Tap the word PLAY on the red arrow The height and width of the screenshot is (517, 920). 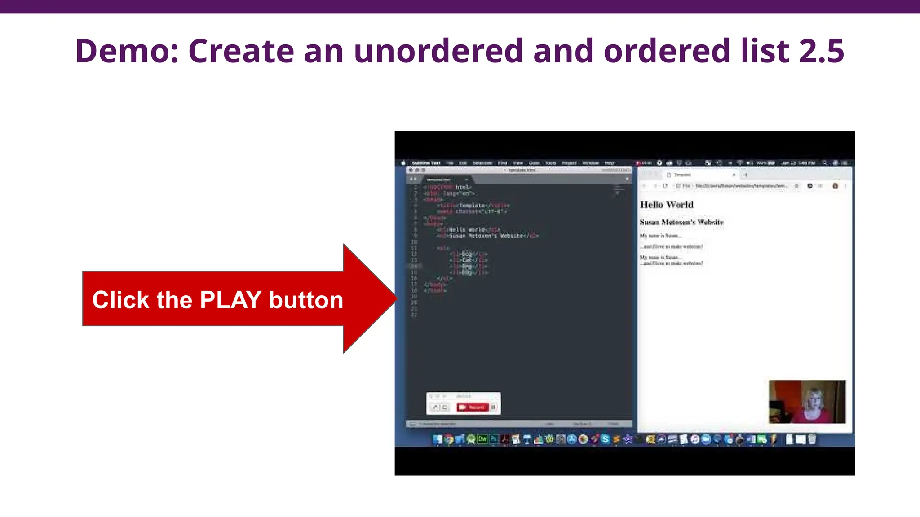[x=230, y=300]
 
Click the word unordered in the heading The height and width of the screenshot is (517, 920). [x=438, y=51]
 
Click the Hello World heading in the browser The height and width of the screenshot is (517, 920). [x=667, y=205]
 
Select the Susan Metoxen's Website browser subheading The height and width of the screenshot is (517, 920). [x=681, y=222]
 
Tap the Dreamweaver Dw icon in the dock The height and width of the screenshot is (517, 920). [x=482, y=439]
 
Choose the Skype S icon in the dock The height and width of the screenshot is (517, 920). [x=605, y=439]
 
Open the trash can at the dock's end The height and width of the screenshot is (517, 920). [x=812, y=439]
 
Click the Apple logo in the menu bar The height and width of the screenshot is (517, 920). [x=403, y=163]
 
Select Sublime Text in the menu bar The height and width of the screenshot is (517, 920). [x=426, y=163]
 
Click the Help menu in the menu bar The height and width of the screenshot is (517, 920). [x=609, y=163]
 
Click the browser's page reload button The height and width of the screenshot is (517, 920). [x=665, y=186]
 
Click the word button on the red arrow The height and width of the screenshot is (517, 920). [x=306, y=300]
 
